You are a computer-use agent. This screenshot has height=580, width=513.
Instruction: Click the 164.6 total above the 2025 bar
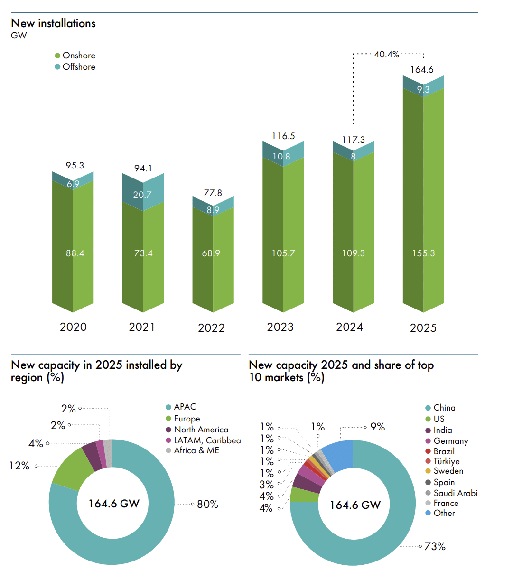[x=422, y=70]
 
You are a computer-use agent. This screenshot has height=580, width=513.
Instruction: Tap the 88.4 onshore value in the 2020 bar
[x=75, y=253]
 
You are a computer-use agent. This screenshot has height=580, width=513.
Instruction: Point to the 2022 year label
[x=211, y=328]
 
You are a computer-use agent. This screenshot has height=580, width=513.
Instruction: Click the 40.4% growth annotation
[x=386, y=55]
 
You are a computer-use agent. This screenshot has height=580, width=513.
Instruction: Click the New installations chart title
[x=53, y=23]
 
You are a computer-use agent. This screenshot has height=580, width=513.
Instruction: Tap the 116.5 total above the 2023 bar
[x=283, y=136]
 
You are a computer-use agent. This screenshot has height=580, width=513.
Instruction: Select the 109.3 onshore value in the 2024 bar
[x=353, y=253]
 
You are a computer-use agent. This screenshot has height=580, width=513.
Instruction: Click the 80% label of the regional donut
[x=207, y=504]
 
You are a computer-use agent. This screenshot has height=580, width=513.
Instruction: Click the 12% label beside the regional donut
[x=20, y=466]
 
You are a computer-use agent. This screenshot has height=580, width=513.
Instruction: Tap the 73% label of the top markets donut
[x=435, y=546]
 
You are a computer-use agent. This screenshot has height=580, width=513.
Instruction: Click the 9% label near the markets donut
[x=378, y=427]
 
